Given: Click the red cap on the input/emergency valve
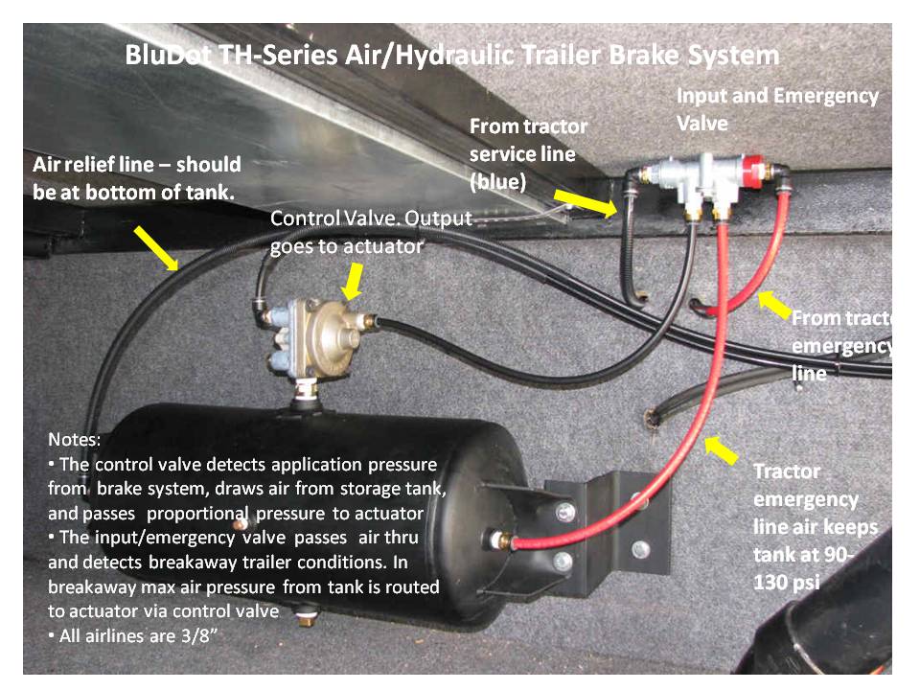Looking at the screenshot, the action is tap(754, 172).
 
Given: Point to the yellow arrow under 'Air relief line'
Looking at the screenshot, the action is tap(156, 249).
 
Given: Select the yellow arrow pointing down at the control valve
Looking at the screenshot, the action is tap(354, 282).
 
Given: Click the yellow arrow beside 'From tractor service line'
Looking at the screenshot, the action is tap(586, 203).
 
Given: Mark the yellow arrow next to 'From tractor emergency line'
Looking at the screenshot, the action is tap(774, 305).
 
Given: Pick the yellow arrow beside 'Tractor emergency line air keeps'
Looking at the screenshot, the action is tap(721, 450).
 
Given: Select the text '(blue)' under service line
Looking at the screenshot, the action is tap(497, 182).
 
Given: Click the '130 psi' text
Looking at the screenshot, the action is tap(786, 583).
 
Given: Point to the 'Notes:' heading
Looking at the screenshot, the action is tap(74, 440).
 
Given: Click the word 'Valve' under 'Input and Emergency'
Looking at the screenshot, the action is tap(701, 124).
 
